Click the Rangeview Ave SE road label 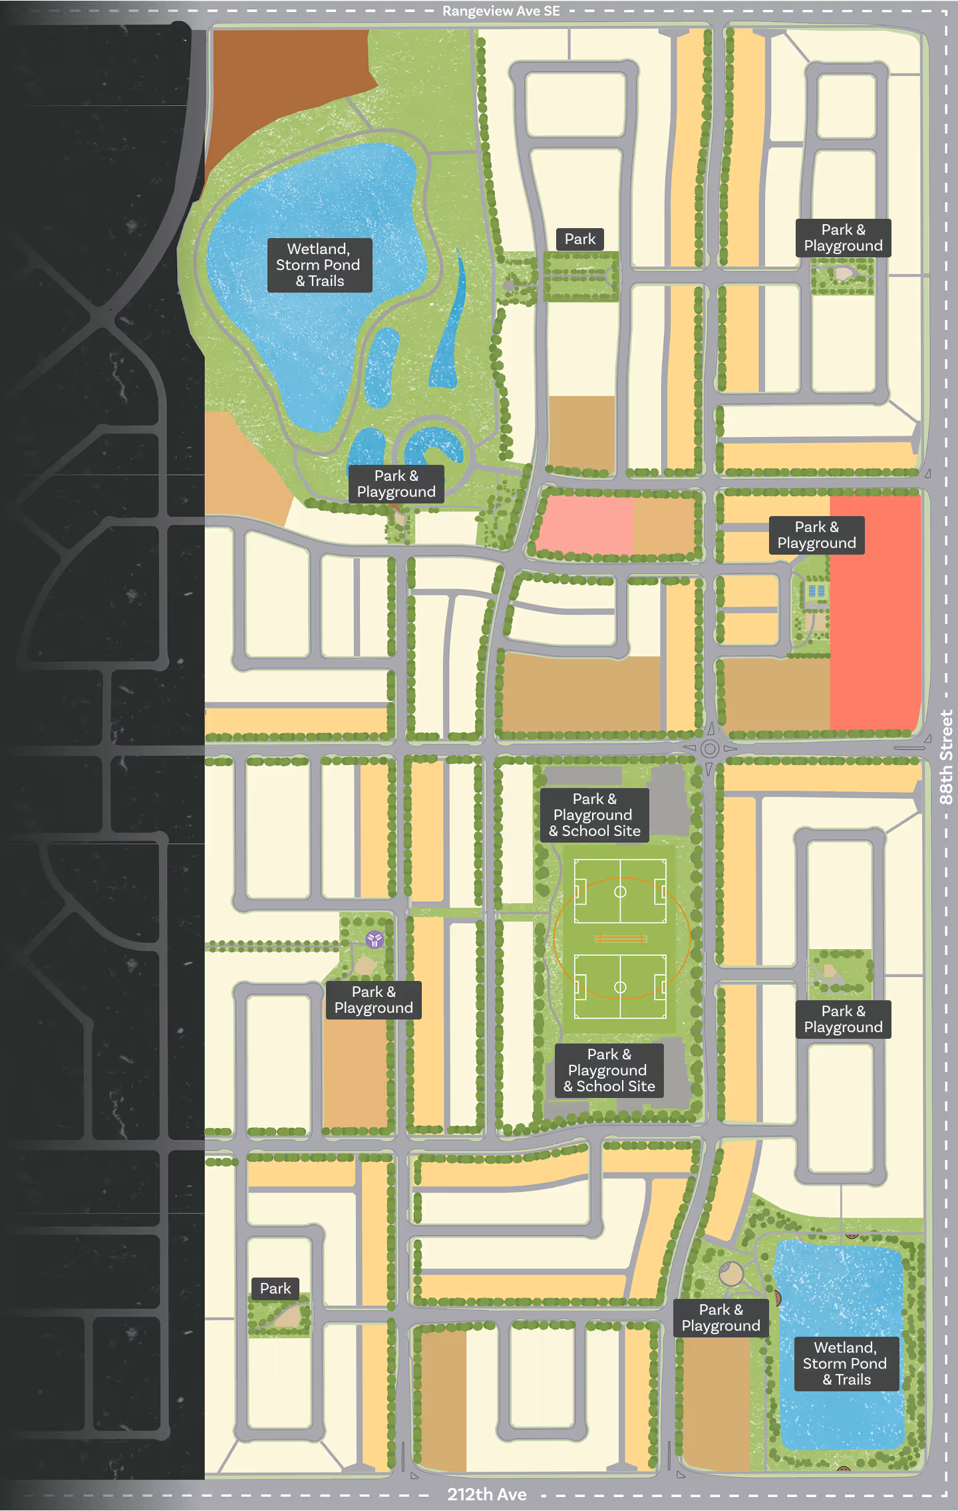pos(500,11)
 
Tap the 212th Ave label pos(486,1494)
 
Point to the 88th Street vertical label pos(946,757)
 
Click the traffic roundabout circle pos(710,749)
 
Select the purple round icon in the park pos(375,939)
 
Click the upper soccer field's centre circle pos(620,892)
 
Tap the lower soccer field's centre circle pos(620,987)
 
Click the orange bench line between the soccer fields pos(620,939)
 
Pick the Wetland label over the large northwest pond pos(319,265)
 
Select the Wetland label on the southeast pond pos(846,1363)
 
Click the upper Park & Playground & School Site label pos(594,815)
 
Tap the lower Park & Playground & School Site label pos(609,1070)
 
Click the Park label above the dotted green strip pos(579,239)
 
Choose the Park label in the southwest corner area pos(275,1288)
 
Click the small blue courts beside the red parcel pos(816,591)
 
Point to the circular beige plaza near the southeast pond pos(731,1274)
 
